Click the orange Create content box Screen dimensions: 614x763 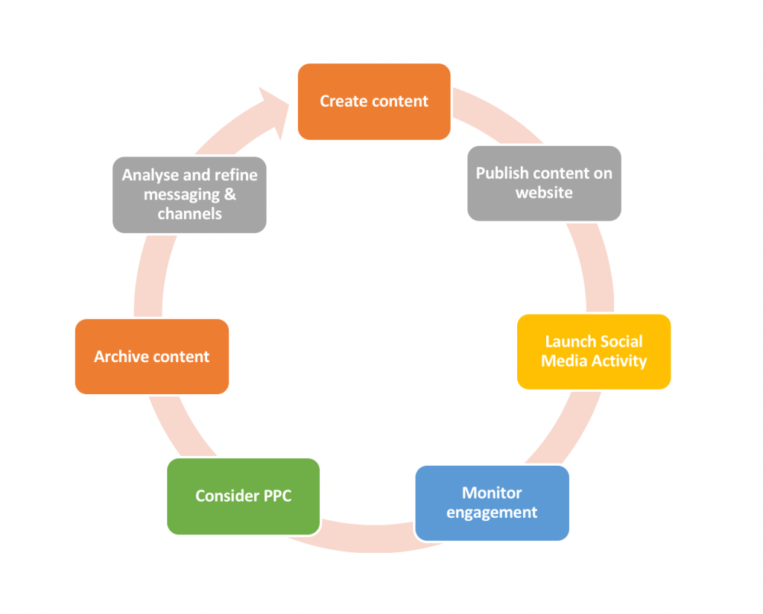(x=374, y=101)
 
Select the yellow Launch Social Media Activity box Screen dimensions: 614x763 (x=594, y=352)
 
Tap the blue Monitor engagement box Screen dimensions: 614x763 (x=492, y=503)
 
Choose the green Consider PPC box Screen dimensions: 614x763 (x=243, y=496)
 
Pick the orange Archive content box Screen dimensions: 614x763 (x=152, y=356)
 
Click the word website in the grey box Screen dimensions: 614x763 (x=544, y=193)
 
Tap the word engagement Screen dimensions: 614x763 (x=492, y=513)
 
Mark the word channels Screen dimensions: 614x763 (x=189, y=214)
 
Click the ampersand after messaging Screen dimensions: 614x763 (x=229, y=194)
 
